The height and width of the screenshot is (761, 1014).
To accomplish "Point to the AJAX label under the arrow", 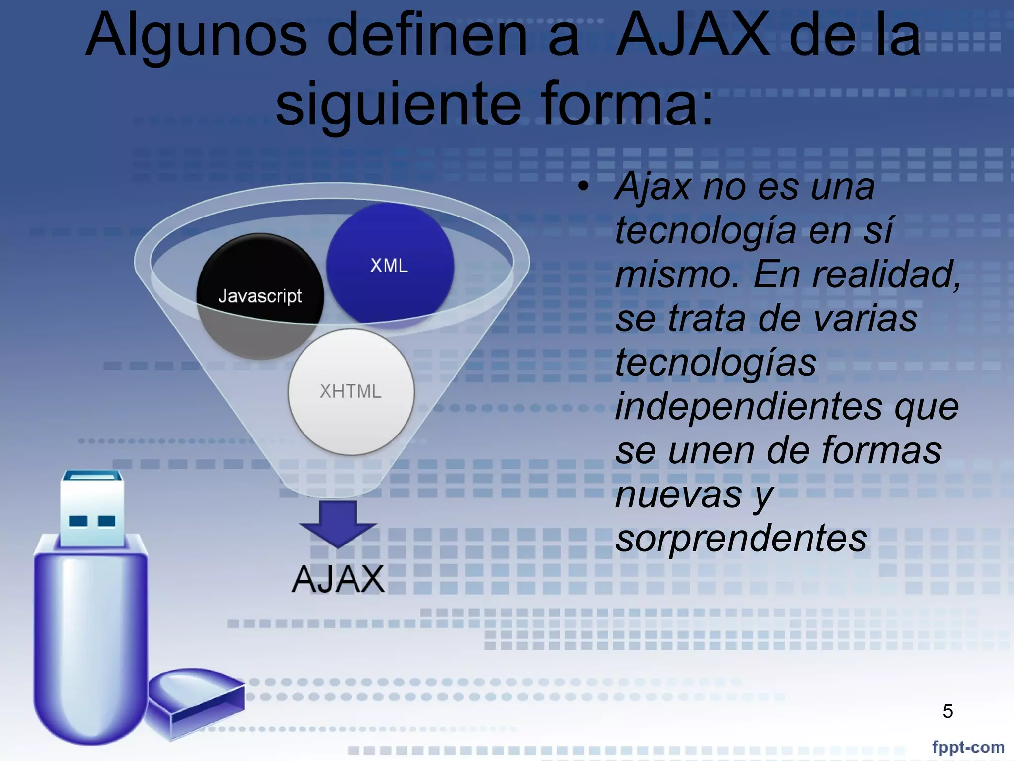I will click(x=338, y=579).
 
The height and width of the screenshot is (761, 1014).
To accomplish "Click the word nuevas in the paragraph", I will click(x=678, y=494).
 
